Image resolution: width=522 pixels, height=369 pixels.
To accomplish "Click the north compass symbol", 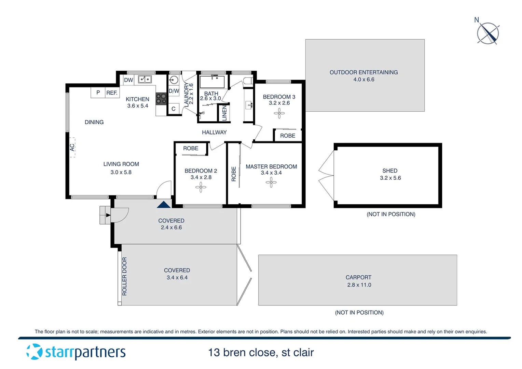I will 488,33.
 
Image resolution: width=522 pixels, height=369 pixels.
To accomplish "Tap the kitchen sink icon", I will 145,80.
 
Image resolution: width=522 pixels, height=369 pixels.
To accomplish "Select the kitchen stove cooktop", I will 161,99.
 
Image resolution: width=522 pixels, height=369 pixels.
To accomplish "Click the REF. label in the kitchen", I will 112,93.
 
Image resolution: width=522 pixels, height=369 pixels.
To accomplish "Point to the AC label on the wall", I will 72,147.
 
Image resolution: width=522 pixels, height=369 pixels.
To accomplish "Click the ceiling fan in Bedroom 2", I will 201,187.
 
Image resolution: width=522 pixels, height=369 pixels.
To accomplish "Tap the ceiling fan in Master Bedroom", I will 271,182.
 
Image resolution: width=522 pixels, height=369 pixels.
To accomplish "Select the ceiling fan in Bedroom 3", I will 279,113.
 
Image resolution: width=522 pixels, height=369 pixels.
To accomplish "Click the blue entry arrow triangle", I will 164,205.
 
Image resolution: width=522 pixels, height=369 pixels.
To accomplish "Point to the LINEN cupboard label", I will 224,113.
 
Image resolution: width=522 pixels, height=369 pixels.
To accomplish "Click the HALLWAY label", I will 214,132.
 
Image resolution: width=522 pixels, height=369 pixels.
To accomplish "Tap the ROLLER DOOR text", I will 124,276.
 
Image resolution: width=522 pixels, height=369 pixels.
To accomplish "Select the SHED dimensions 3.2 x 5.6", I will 390,178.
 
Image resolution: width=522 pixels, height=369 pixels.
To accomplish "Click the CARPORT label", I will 358,277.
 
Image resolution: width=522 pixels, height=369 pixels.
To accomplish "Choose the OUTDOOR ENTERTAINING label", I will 363,72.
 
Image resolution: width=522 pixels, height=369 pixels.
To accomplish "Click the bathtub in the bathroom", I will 212,82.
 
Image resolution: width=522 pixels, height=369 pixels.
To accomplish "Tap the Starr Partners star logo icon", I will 34,352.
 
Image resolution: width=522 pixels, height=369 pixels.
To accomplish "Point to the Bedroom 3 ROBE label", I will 288,136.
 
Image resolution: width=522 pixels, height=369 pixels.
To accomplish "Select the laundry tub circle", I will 174,80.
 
